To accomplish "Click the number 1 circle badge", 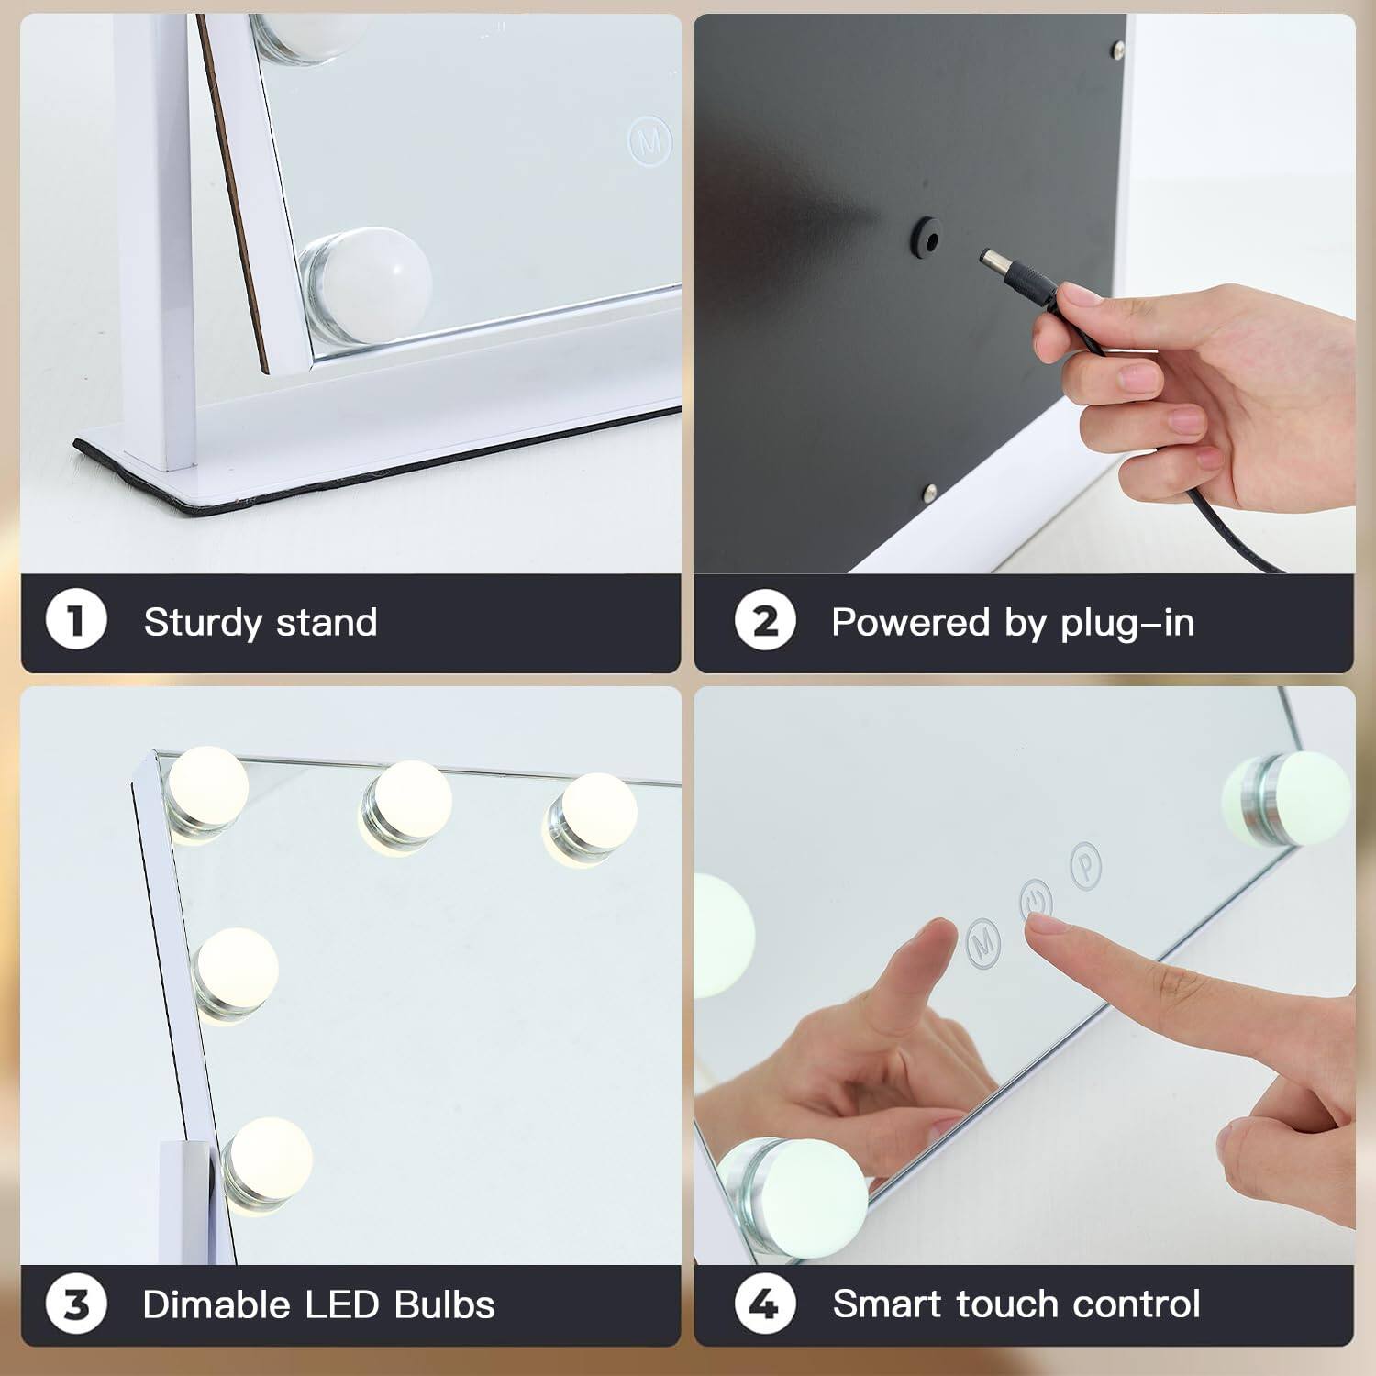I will click(76, 621).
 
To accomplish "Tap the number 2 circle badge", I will click(764, 621).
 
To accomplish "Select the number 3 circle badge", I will click(76, 1304).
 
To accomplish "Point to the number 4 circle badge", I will click(764, 1304).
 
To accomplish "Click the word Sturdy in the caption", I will click(203, 623).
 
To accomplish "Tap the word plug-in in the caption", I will click(1127, 623).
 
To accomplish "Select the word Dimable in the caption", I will click(216, 1304).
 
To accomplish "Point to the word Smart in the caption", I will click(887, 1304).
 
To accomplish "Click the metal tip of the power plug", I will click(991, 259).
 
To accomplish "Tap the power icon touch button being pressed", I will click(1036, 900).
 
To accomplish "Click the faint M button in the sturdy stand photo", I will click(649, 140).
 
